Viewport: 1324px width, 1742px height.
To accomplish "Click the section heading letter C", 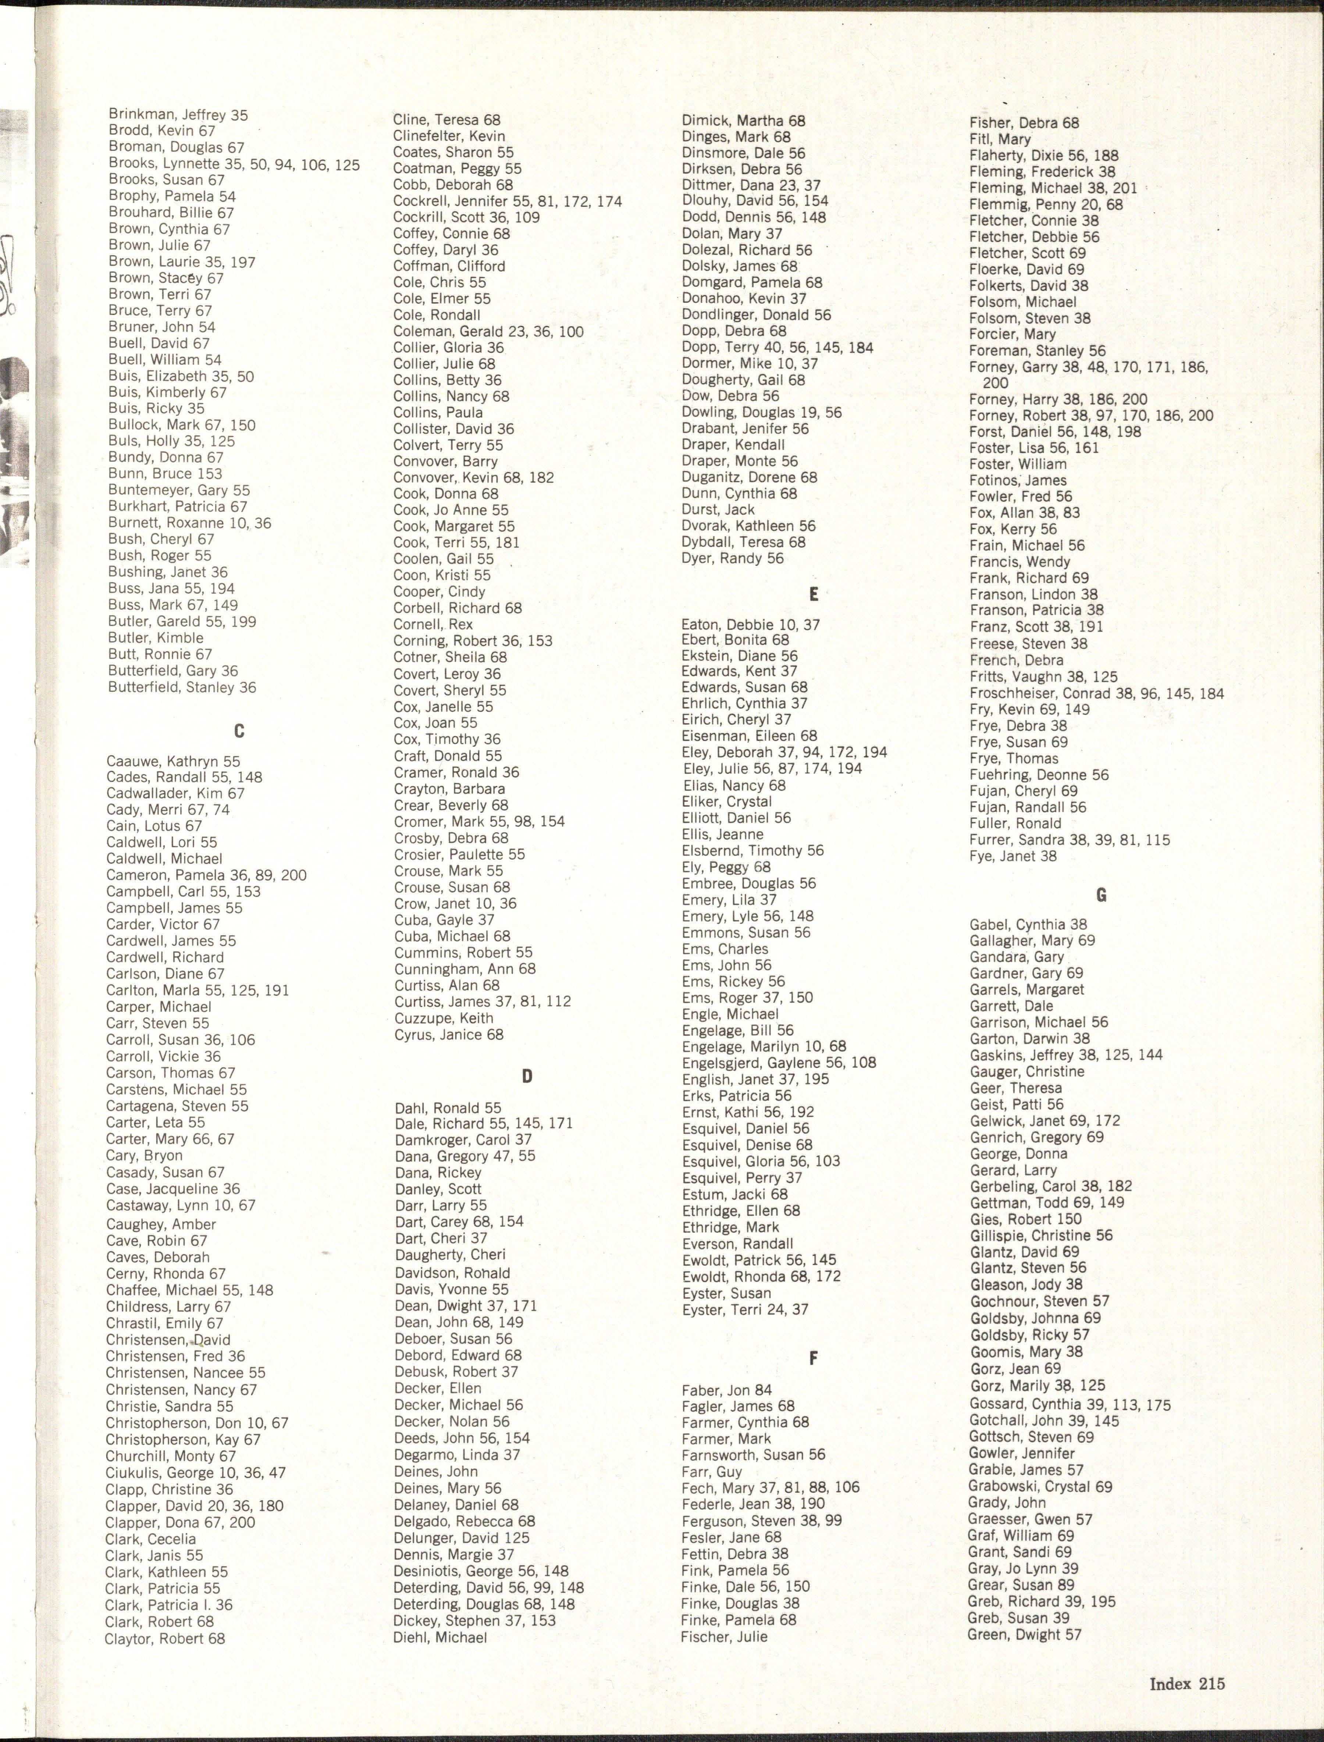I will (x=239, y=732).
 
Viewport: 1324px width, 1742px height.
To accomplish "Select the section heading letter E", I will (x=813, y=594).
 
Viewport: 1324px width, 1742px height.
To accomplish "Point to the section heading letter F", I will (x=813, y=1357).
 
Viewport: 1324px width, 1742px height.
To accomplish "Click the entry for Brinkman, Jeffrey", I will (x=178, y=115).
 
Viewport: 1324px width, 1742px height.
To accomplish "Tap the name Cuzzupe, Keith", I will (x=444, y=1018).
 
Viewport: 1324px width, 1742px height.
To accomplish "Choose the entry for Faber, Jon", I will (x=727, y=1390).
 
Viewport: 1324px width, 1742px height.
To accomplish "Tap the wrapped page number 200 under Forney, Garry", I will (x=995, y=383).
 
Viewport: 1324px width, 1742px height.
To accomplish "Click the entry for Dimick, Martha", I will (x=743, y=121).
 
